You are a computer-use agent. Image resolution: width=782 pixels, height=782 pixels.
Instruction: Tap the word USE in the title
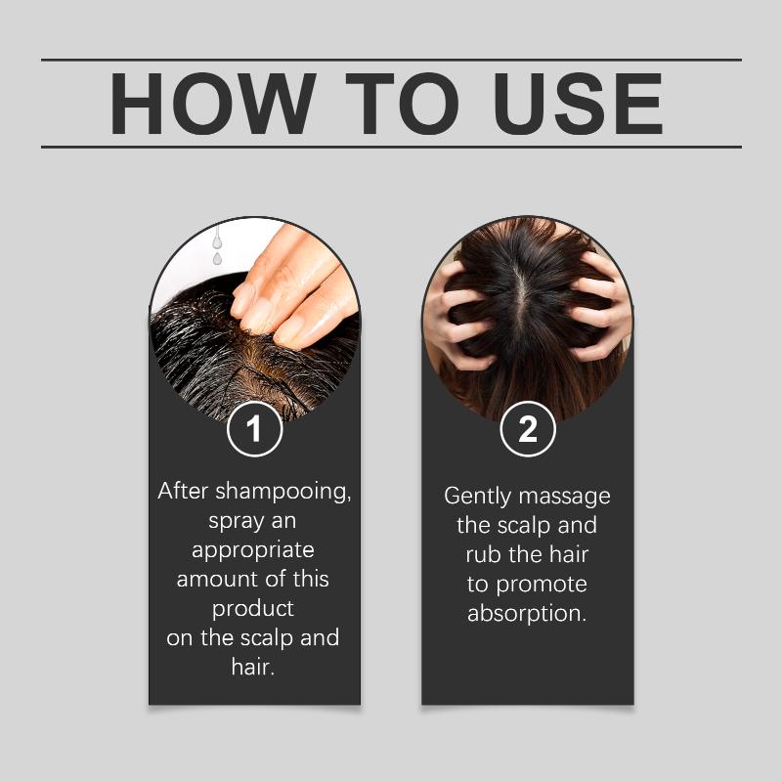pyautogui.click(x=578, y=104)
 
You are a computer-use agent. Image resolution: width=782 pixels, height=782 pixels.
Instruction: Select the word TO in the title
pyautogui.click(x=402, y=104)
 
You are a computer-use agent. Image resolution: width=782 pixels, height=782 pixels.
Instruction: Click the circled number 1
pyautogui.click(x=254, y=429)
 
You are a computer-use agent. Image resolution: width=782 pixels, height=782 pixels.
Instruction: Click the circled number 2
pyautogui.click(x=528, y=429)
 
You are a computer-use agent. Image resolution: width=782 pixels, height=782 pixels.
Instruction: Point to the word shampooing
pyautogui.click(x=283, y=493)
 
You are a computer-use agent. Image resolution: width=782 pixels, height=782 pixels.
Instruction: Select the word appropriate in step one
pyautogui.click(x=253, y=551)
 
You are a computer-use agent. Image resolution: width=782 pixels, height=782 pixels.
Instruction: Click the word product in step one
pyautogui.click(x=253, y=609)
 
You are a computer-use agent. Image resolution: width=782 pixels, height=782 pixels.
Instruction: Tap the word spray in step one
pyautogui.click(x=237, y=522)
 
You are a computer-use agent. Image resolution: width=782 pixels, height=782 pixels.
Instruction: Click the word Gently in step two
pyautogui.click(x=478, y=498)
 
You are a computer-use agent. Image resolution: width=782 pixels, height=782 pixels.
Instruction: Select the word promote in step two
pyautogui.click(x=542, y=585)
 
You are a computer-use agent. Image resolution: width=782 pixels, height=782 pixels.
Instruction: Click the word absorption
pyautogui.click(x=527, y=614)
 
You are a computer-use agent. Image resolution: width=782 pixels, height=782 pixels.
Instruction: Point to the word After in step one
pyautogui.click(x=183, y=491)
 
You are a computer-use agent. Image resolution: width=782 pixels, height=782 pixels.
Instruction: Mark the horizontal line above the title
pyautogui.click(x=392, y=60)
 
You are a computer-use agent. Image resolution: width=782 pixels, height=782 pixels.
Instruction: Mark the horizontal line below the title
pyautogui.click(x=392, y=148)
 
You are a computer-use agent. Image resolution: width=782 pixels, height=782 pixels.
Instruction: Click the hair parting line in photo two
pyautogui.click(x=522, y=294)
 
